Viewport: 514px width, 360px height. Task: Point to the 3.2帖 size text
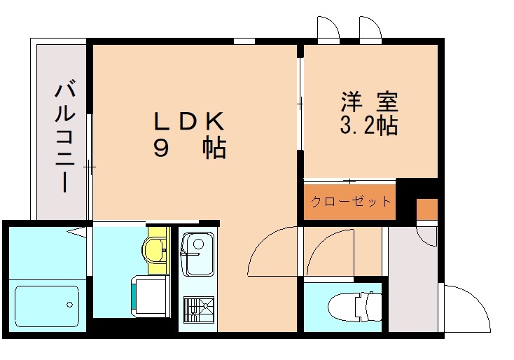coord(369,125)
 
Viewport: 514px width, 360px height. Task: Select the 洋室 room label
coord(369,103)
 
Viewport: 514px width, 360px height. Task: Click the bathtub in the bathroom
coord(46,307)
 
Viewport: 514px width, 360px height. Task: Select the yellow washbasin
coord(153,248)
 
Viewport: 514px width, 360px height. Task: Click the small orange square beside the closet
coord(426,209)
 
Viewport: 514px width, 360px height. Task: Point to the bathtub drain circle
coord(69,305)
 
